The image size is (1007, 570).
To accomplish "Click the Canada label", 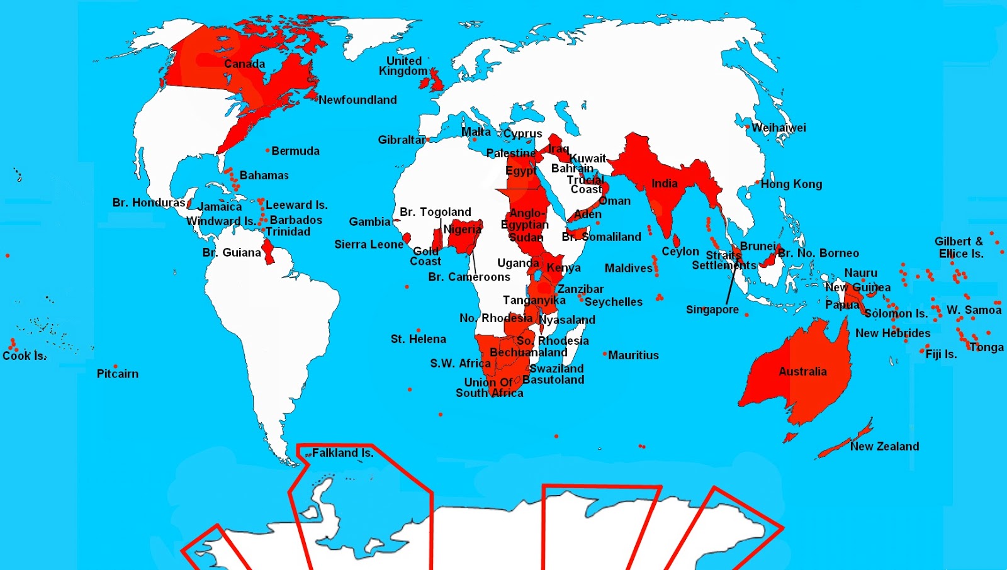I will pyautogui.click(x=244, y=64).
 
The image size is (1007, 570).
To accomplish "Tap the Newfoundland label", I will pyautogui.click(x=357, y=99).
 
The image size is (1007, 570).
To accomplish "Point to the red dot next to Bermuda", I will pyautogui.click(x=267, y=150).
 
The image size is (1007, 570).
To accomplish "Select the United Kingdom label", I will pyautogui.click(x=403, y=66).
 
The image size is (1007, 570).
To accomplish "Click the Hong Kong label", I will pyautogui.click(x=791, y=184).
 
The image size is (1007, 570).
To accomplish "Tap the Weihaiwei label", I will pyautogui.click(x=779, y=128).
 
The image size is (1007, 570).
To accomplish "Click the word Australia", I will pyautogui.click(x=802, y=371).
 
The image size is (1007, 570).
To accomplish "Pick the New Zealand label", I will pyautogui.click(x=884, y=446).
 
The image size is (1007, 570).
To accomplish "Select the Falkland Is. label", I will pyautogui.click(x=342, y=452).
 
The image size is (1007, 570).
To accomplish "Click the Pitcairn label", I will pyautogui.click(x=117, y=374).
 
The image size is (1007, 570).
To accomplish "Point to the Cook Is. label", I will pyautogui.click(x=24, y=355).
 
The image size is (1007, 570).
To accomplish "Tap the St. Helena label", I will pyautogui.click(x=418, y=339).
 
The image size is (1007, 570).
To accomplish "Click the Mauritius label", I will pyautogui.click(x=633, y=355).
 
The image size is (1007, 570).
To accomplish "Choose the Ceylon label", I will pyautogui.click(x=680, y=252).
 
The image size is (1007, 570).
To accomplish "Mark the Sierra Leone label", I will pyautogui.click(x=368, y=244).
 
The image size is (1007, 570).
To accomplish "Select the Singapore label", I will pyautogui.click(x=712, y=310).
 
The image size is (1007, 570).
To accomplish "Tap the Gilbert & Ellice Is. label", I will pyautogui.click(x=959, y=247).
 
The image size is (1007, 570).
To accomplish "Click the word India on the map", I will pyautogui.click(x=664, y=184).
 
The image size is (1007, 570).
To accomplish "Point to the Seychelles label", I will pyautogui.click(x=613, y=302).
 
